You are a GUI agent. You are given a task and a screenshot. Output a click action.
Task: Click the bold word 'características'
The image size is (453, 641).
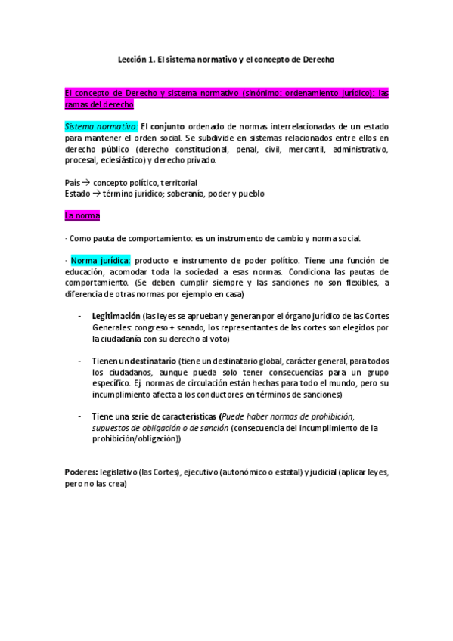pos(188,416)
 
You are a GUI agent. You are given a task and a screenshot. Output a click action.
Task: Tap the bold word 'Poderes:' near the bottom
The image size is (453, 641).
pos(80,472)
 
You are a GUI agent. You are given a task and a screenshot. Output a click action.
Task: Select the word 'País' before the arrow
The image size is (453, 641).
pos(73,183)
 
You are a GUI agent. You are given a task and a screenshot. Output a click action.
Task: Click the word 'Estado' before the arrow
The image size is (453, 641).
pos(77,194)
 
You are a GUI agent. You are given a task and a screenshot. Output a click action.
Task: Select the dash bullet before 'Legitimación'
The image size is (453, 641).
pos(80,314)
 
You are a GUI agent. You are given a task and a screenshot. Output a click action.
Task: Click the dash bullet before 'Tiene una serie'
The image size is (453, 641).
pos(80,416)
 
